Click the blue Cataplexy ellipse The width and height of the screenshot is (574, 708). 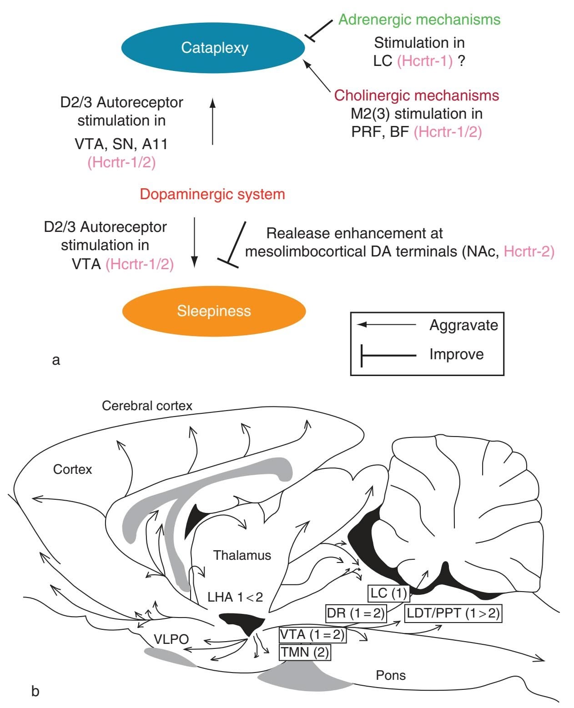coord(213,48)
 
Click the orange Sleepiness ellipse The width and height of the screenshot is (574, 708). coord(214,311)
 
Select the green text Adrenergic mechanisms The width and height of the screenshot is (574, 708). coord(419,20)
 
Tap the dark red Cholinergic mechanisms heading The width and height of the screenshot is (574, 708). coord(417,95)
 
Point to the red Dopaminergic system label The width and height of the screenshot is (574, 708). coord(212,194)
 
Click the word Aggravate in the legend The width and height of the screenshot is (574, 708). coord(463,325)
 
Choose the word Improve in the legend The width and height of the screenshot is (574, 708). coord(456,354)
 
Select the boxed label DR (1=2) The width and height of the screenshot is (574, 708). coord(356,613)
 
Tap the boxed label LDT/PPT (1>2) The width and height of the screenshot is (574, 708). coord(453,613)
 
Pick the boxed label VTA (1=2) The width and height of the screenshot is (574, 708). coord(312,634)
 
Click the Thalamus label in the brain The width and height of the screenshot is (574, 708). coord(242,555)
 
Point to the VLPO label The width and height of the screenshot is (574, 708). coord(171,639)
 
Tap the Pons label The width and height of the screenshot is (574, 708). coord(391,675)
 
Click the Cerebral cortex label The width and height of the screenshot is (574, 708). coord(147,406)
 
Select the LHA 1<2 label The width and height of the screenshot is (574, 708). coord(235,597)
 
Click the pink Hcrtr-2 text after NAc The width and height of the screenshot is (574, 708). coord(529,251)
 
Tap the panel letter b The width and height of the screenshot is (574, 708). coord(35,691)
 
